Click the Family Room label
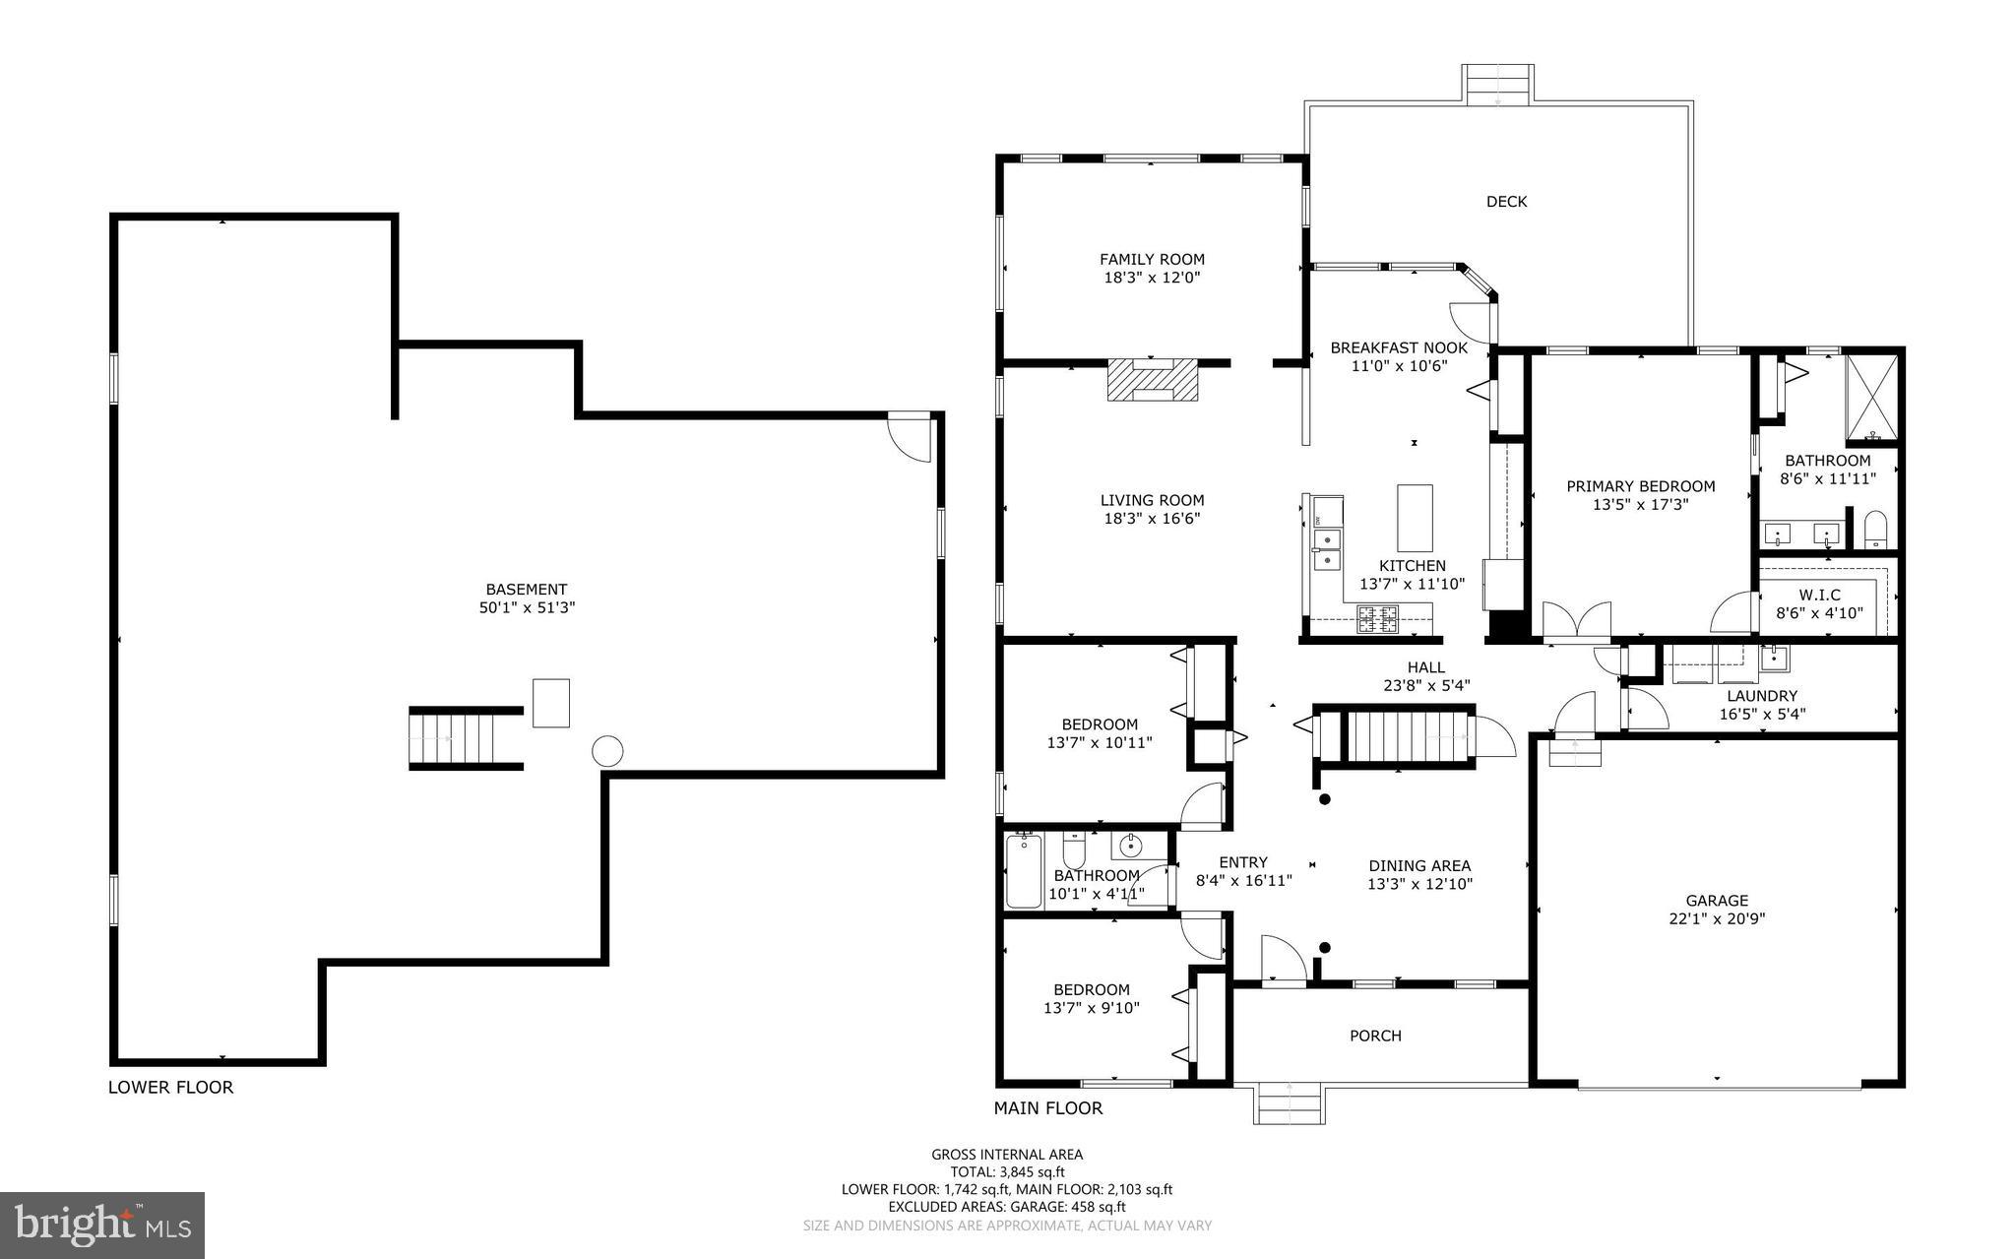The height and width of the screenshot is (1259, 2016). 1152,260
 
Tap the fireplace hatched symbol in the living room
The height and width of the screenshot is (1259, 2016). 1153,380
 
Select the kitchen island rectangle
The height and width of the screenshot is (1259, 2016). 1415,518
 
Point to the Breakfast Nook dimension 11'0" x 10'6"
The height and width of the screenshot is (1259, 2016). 1399,366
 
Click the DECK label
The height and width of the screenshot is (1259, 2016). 1506,202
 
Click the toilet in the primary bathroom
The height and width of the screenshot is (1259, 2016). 1875,530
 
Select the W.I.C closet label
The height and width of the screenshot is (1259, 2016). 1819,596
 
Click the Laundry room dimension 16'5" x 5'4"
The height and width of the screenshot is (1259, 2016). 1761,715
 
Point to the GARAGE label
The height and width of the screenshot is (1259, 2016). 1717,901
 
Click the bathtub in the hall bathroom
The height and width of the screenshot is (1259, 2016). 1024,871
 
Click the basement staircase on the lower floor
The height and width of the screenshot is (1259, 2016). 466,738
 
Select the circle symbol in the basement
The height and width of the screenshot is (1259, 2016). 607,752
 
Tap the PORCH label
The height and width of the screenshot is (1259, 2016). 1375,1036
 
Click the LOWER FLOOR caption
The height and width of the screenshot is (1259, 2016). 170,1088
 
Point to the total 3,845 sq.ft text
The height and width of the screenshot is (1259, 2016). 1007,1172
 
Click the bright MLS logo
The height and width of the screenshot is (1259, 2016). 102,1225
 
